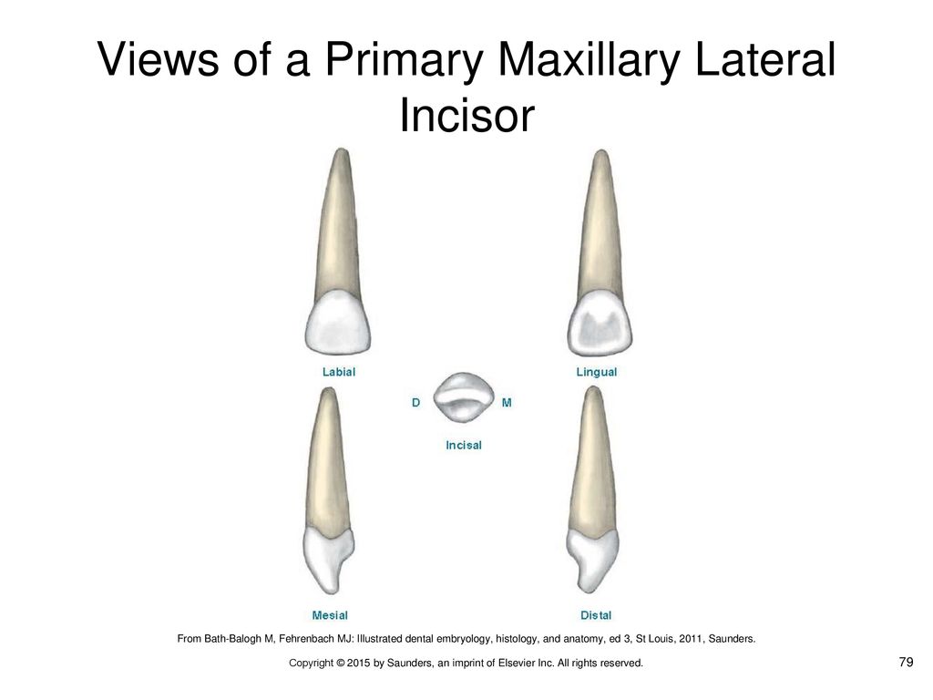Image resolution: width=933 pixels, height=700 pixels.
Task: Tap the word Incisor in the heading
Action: pyautogui.click(x=466, y=115)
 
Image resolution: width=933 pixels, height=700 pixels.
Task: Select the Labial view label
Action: pyautogui.click(x=339, y=372)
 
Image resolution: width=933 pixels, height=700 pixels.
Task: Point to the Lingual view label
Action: pyautogui.click(x=596, y=372)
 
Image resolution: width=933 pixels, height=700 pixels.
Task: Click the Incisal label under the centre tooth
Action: pyautogui.click(x=464, y=445)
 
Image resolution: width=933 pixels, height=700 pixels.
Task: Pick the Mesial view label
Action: pyautogui.click(x=330, y=615)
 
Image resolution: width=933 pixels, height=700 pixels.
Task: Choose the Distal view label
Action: pyautogui.click(x=596, y=615)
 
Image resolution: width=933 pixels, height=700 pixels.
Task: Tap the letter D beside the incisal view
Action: pyautogui.click(x=415, y=403)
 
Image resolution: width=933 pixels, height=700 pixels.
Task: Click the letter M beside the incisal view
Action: pyautogui.click(x=507, y=403)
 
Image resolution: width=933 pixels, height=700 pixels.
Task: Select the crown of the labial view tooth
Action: pyautogui.click(x=338, y=323)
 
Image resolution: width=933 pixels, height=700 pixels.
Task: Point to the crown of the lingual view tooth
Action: pyautogui.click(x=600, y=324)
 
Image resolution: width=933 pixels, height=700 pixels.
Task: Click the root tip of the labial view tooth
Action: pyautogui.click(x=341, y=149)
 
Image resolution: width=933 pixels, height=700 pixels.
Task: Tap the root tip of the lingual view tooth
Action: pyautogui.click(x=601, y=151)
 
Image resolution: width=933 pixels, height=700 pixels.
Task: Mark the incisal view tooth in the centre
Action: pyautogui.click(x=464, y=397)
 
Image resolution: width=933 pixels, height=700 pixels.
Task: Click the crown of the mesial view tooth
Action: pyautogui.click(x=328, y=560)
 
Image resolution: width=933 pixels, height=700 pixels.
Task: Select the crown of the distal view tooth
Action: pyautogui.click(x=592, y=560)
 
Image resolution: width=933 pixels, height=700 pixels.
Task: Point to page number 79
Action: pyautogui.click(x=906, y=662)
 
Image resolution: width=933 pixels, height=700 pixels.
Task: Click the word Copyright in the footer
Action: pyautogui.click(x=312, y=664)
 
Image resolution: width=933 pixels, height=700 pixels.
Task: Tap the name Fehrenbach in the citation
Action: pyautogui.click(x=306, y=639)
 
